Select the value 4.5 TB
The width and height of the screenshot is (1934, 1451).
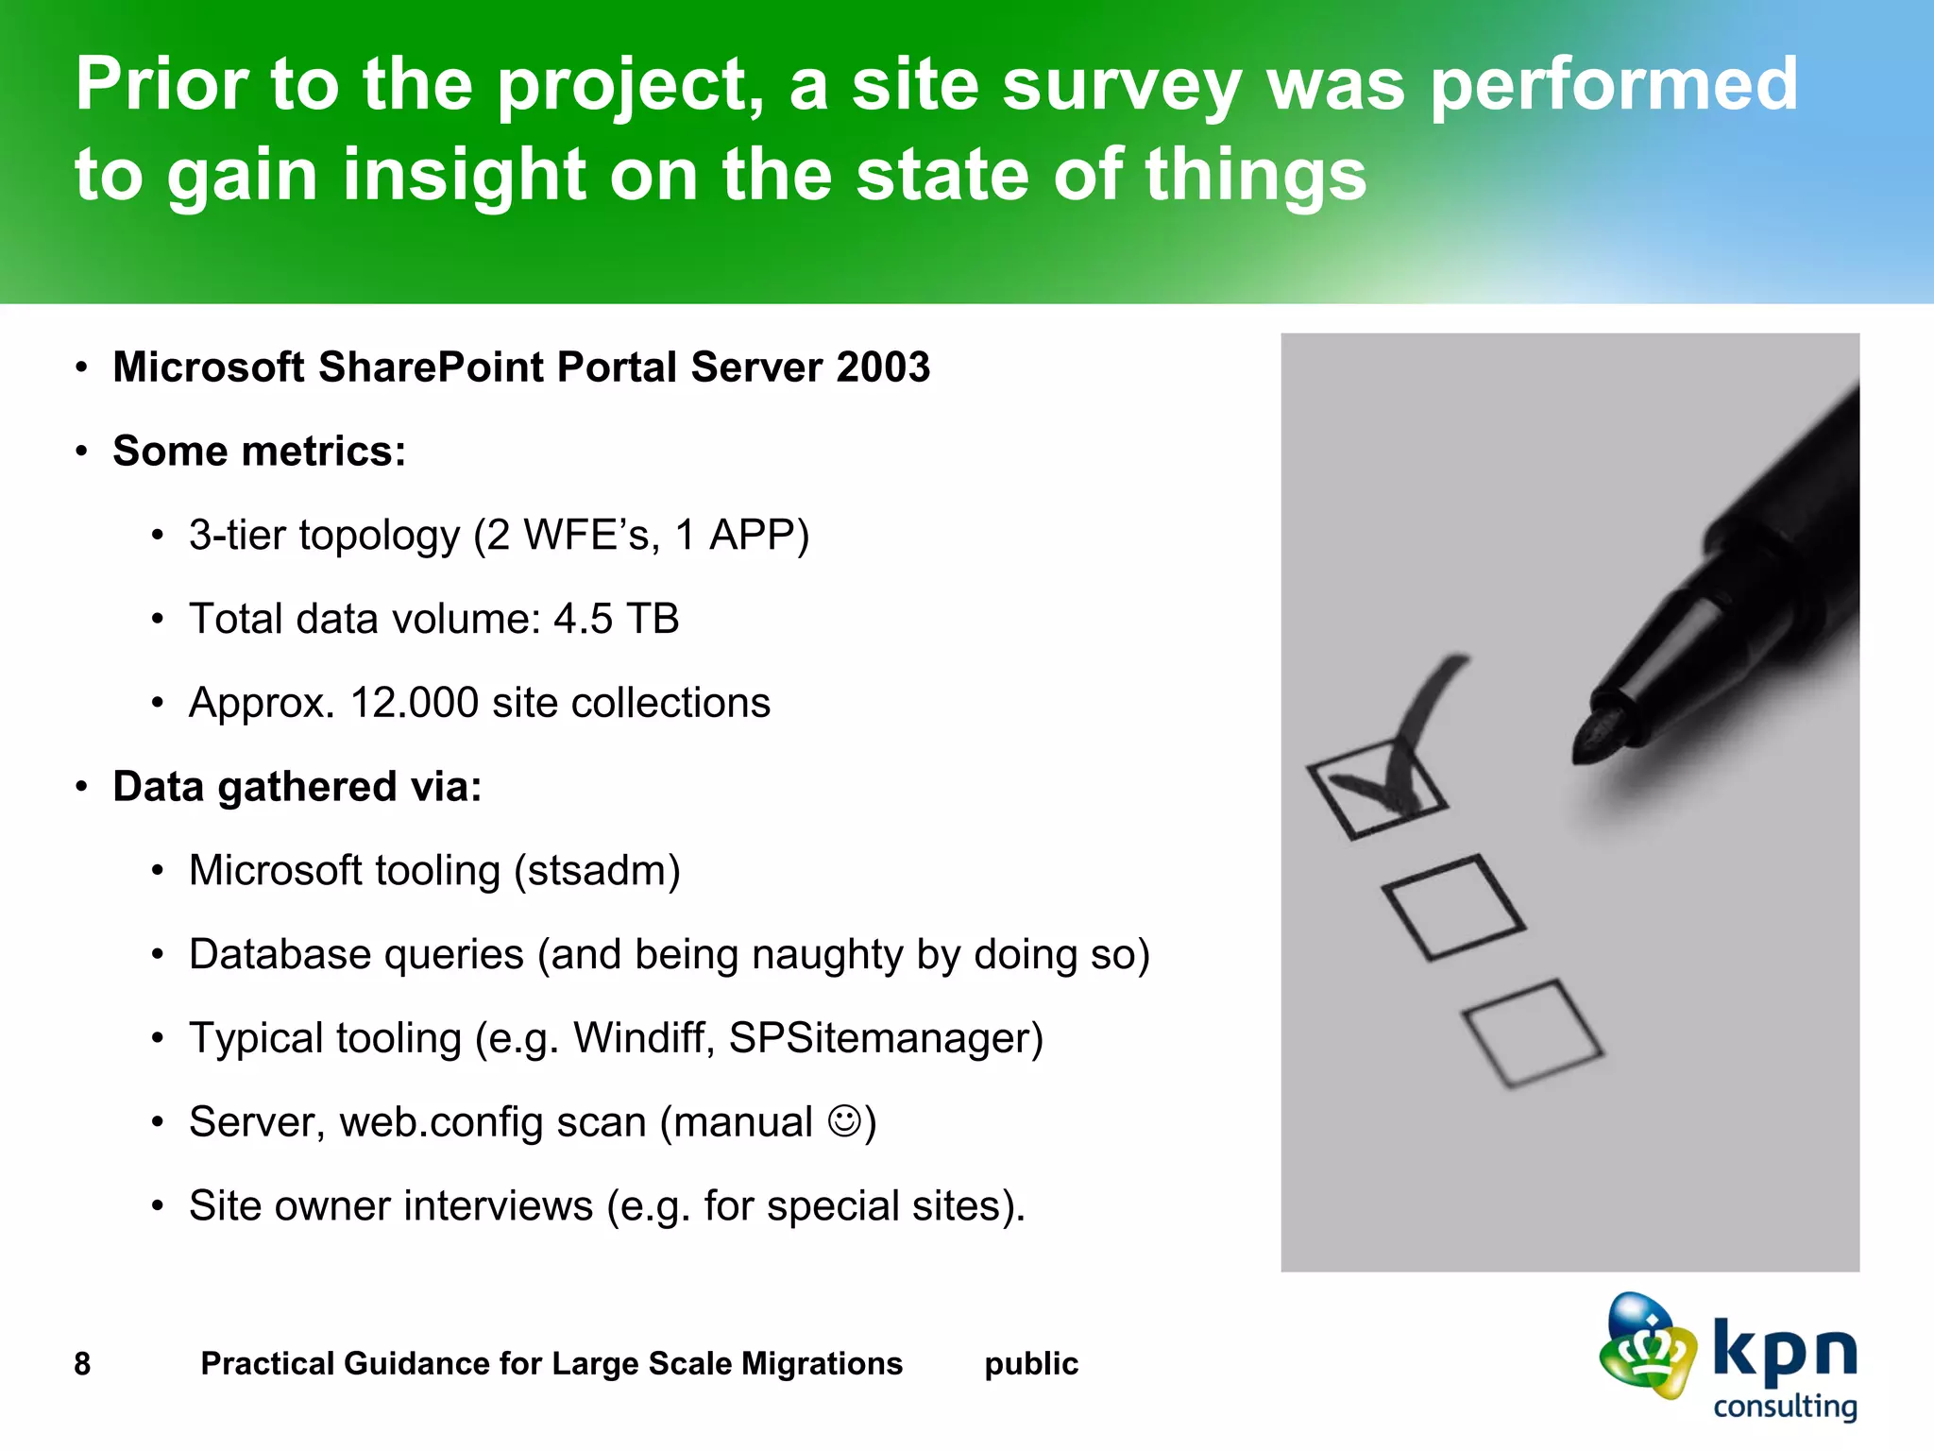point(616,620)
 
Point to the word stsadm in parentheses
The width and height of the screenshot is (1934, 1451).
point(597,871)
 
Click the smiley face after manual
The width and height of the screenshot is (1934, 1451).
point(844,1121)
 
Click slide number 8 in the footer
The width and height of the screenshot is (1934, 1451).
point(82,1364)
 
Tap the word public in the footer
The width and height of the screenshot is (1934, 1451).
point(1030,1364)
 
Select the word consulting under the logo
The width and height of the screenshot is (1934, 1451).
point(1785,1407)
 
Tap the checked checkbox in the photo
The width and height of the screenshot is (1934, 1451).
point(1377,789)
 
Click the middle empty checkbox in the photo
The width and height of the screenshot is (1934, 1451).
point(1452,907)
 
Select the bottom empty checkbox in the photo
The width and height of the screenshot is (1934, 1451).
point(1531,1033)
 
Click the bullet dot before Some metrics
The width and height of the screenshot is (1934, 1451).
point(82,452)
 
